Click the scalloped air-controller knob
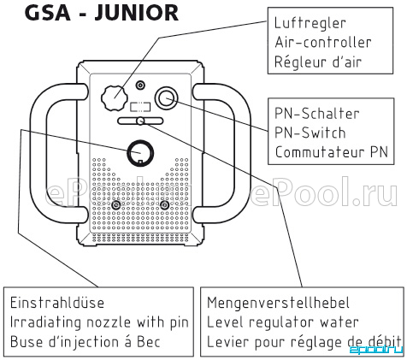[114, 98]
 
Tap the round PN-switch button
[166, 98]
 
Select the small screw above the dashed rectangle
[140, 85]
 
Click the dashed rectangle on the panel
[140, 107]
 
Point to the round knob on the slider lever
[140, 121]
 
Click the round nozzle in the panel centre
[140, 153]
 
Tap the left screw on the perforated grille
[115, 205]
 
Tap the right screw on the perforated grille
[164, 205]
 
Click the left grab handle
[38, 154]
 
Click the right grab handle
[242, 154]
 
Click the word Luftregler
[310, 23]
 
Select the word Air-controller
[323, 43]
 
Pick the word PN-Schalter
[316, 114]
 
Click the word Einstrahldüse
[57, 303]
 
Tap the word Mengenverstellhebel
[278, 303]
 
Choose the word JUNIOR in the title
[137, 13]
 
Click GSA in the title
[48, 13]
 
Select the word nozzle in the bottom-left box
[108, 322]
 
